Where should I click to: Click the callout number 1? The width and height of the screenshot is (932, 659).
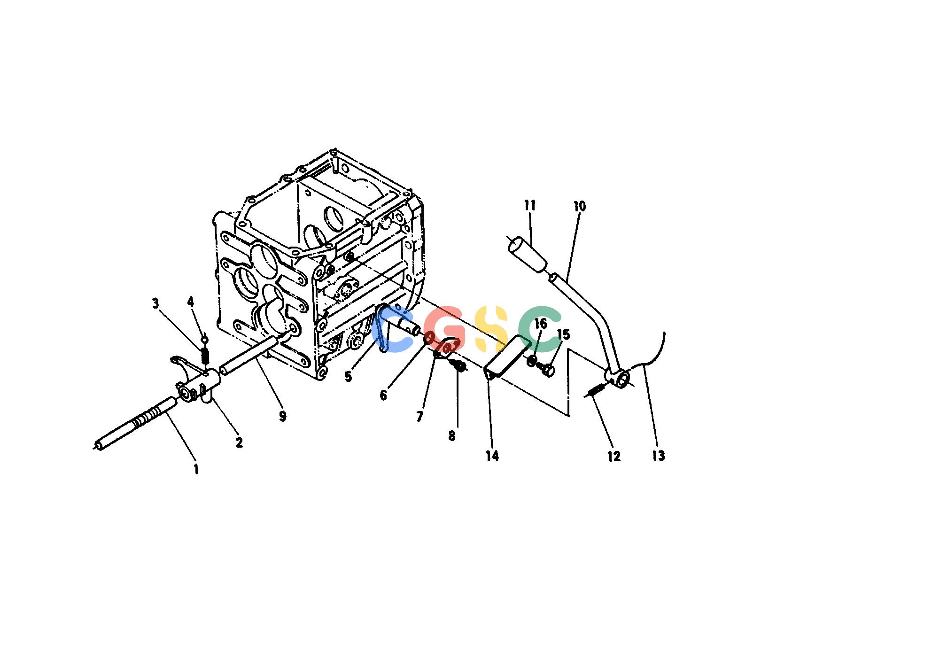pos(196,469)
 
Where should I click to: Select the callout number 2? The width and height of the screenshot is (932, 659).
pos(239,442)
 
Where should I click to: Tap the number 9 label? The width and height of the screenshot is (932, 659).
pos(282,416)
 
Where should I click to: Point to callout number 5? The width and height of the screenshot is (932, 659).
pos(348,376)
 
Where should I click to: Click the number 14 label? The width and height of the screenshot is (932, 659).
pos(492,456)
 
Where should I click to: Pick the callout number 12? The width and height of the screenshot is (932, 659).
pos(614,456)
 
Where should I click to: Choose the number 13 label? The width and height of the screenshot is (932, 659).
pos(659,456)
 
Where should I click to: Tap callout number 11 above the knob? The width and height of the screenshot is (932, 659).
pos(530,205)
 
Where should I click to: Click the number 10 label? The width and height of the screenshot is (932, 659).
pos(580,206)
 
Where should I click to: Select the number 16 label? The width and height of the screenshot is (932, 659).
pos(541,323)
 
